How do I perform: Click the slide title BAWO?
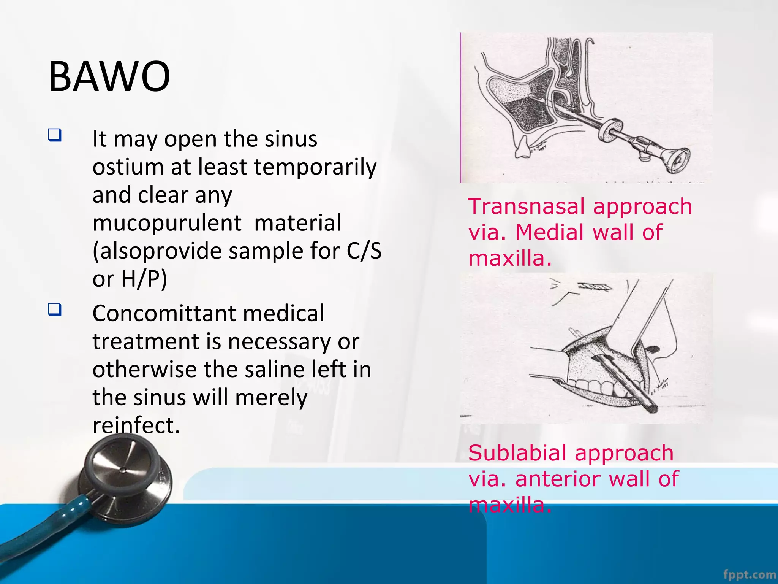[109, 77]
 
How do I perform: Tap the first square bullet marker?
[55, 135]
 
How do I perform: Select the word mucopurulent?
[167, 223]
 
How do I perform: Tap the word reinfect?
[136, 425]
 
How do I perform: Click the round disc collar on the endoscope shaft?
[609, 130]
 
